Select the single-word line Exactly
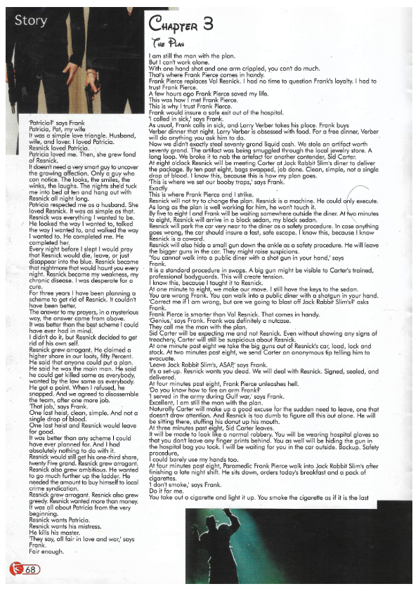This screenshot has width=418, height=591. [x=159, y=188]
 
